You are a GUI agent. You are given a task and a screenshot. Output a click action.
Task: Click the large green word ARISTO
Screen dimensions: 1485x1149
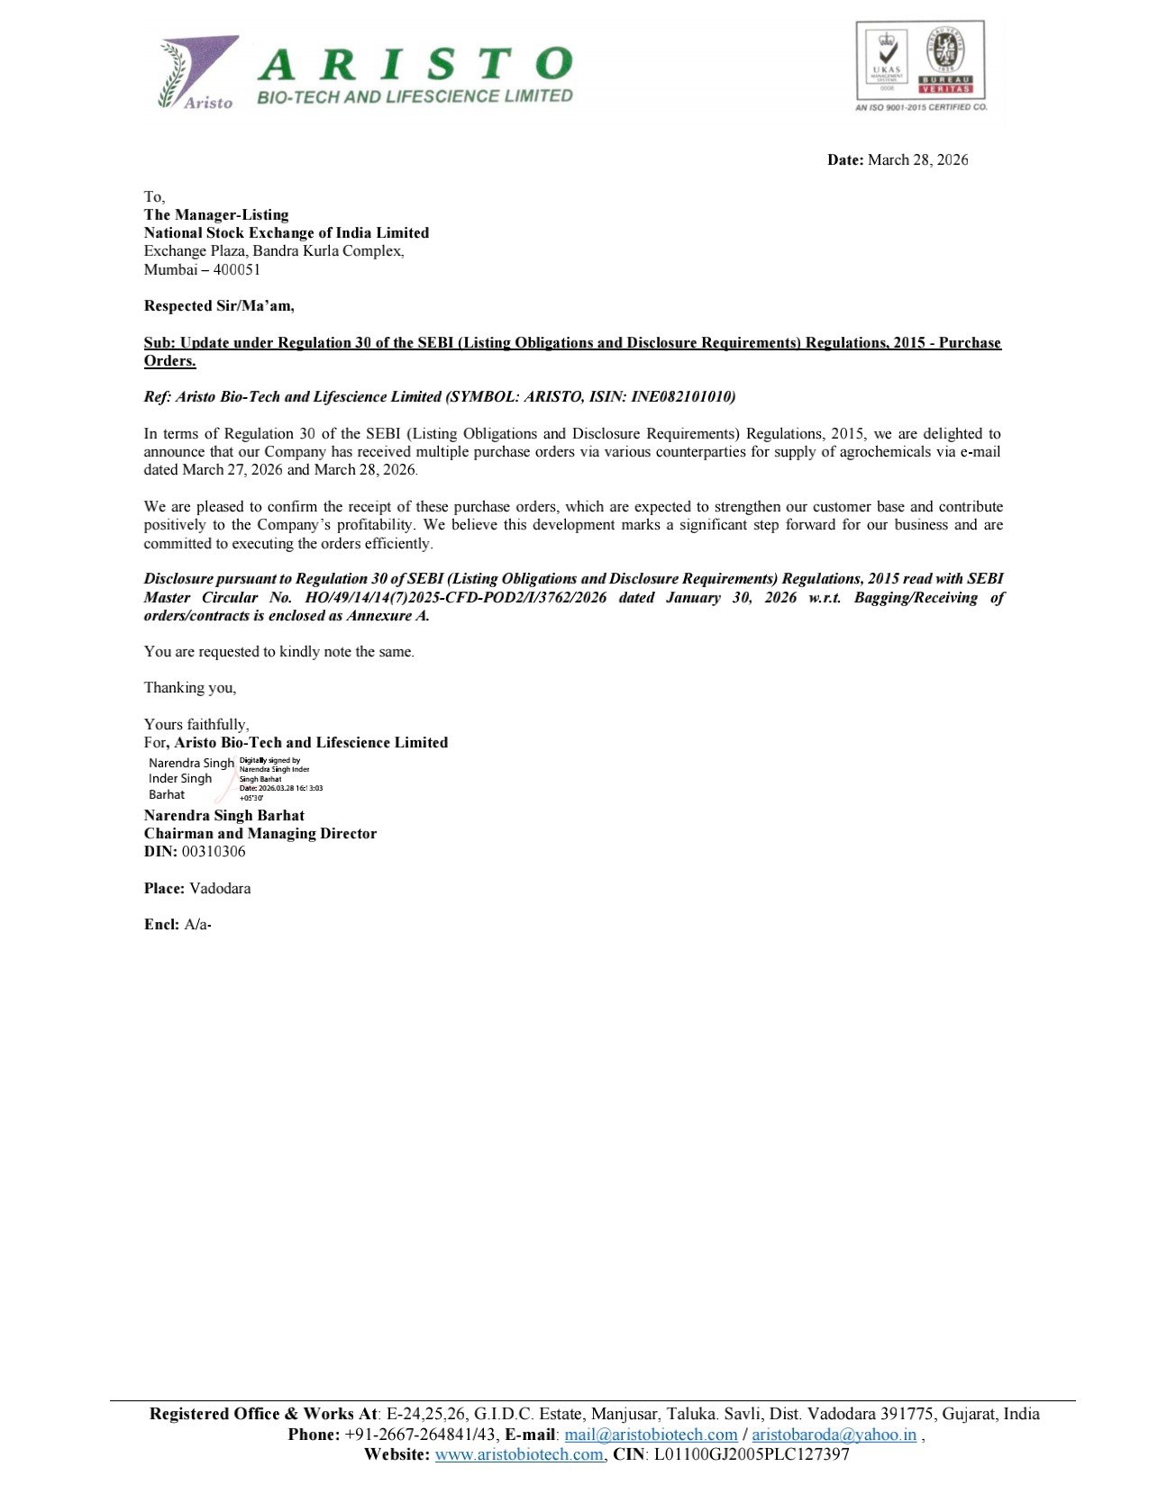415,65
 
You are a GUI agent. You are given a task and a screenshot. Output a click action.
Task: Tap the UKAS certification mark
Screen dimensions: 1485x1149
888,60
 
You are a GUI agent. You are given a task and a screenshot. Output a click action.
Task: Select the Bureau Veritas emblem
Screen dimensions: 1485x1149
945,60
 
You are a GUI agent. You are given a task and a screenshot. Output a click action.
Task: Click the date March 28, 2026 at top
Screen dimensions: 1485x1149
917,160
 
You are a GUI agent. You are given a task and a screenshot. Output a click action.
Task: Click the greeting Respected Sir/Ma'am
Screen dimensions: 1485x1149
219,306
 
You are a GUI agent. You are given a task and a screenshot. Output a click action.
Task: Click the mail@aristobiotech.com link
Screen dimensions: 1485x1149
651,1435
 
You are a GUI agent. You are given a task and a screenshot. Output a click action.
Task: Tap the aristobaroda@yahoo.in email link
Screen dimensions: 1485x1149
834,1435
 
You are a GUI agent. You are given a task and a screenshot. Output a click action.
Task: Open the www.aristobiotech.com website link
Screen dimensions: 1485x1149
519,1454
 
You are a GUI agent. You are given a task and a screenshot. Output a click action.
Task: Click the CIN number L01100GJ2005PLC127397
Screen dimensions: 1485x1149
752,1454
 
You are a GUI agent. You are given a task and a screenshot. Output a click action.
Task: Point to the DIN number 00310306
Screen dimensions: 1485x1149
214,852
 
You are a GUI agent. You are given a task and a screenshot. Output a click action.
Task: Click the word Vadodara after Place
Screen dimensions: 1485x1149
220,889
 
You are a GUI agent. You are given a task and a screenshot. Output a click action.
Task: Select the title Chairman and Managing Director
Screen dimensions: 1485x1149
260,834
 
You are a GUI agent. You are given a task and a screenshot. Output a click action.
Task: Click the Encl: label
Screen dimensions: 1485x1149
161,925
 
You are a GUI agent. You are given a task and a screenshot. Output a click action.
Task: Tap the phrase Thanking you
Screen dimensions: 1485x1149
190,688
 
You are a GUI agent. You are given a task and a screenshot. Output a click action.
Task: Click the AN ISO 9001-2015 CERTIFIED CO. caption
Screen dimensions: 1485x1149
920,107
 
